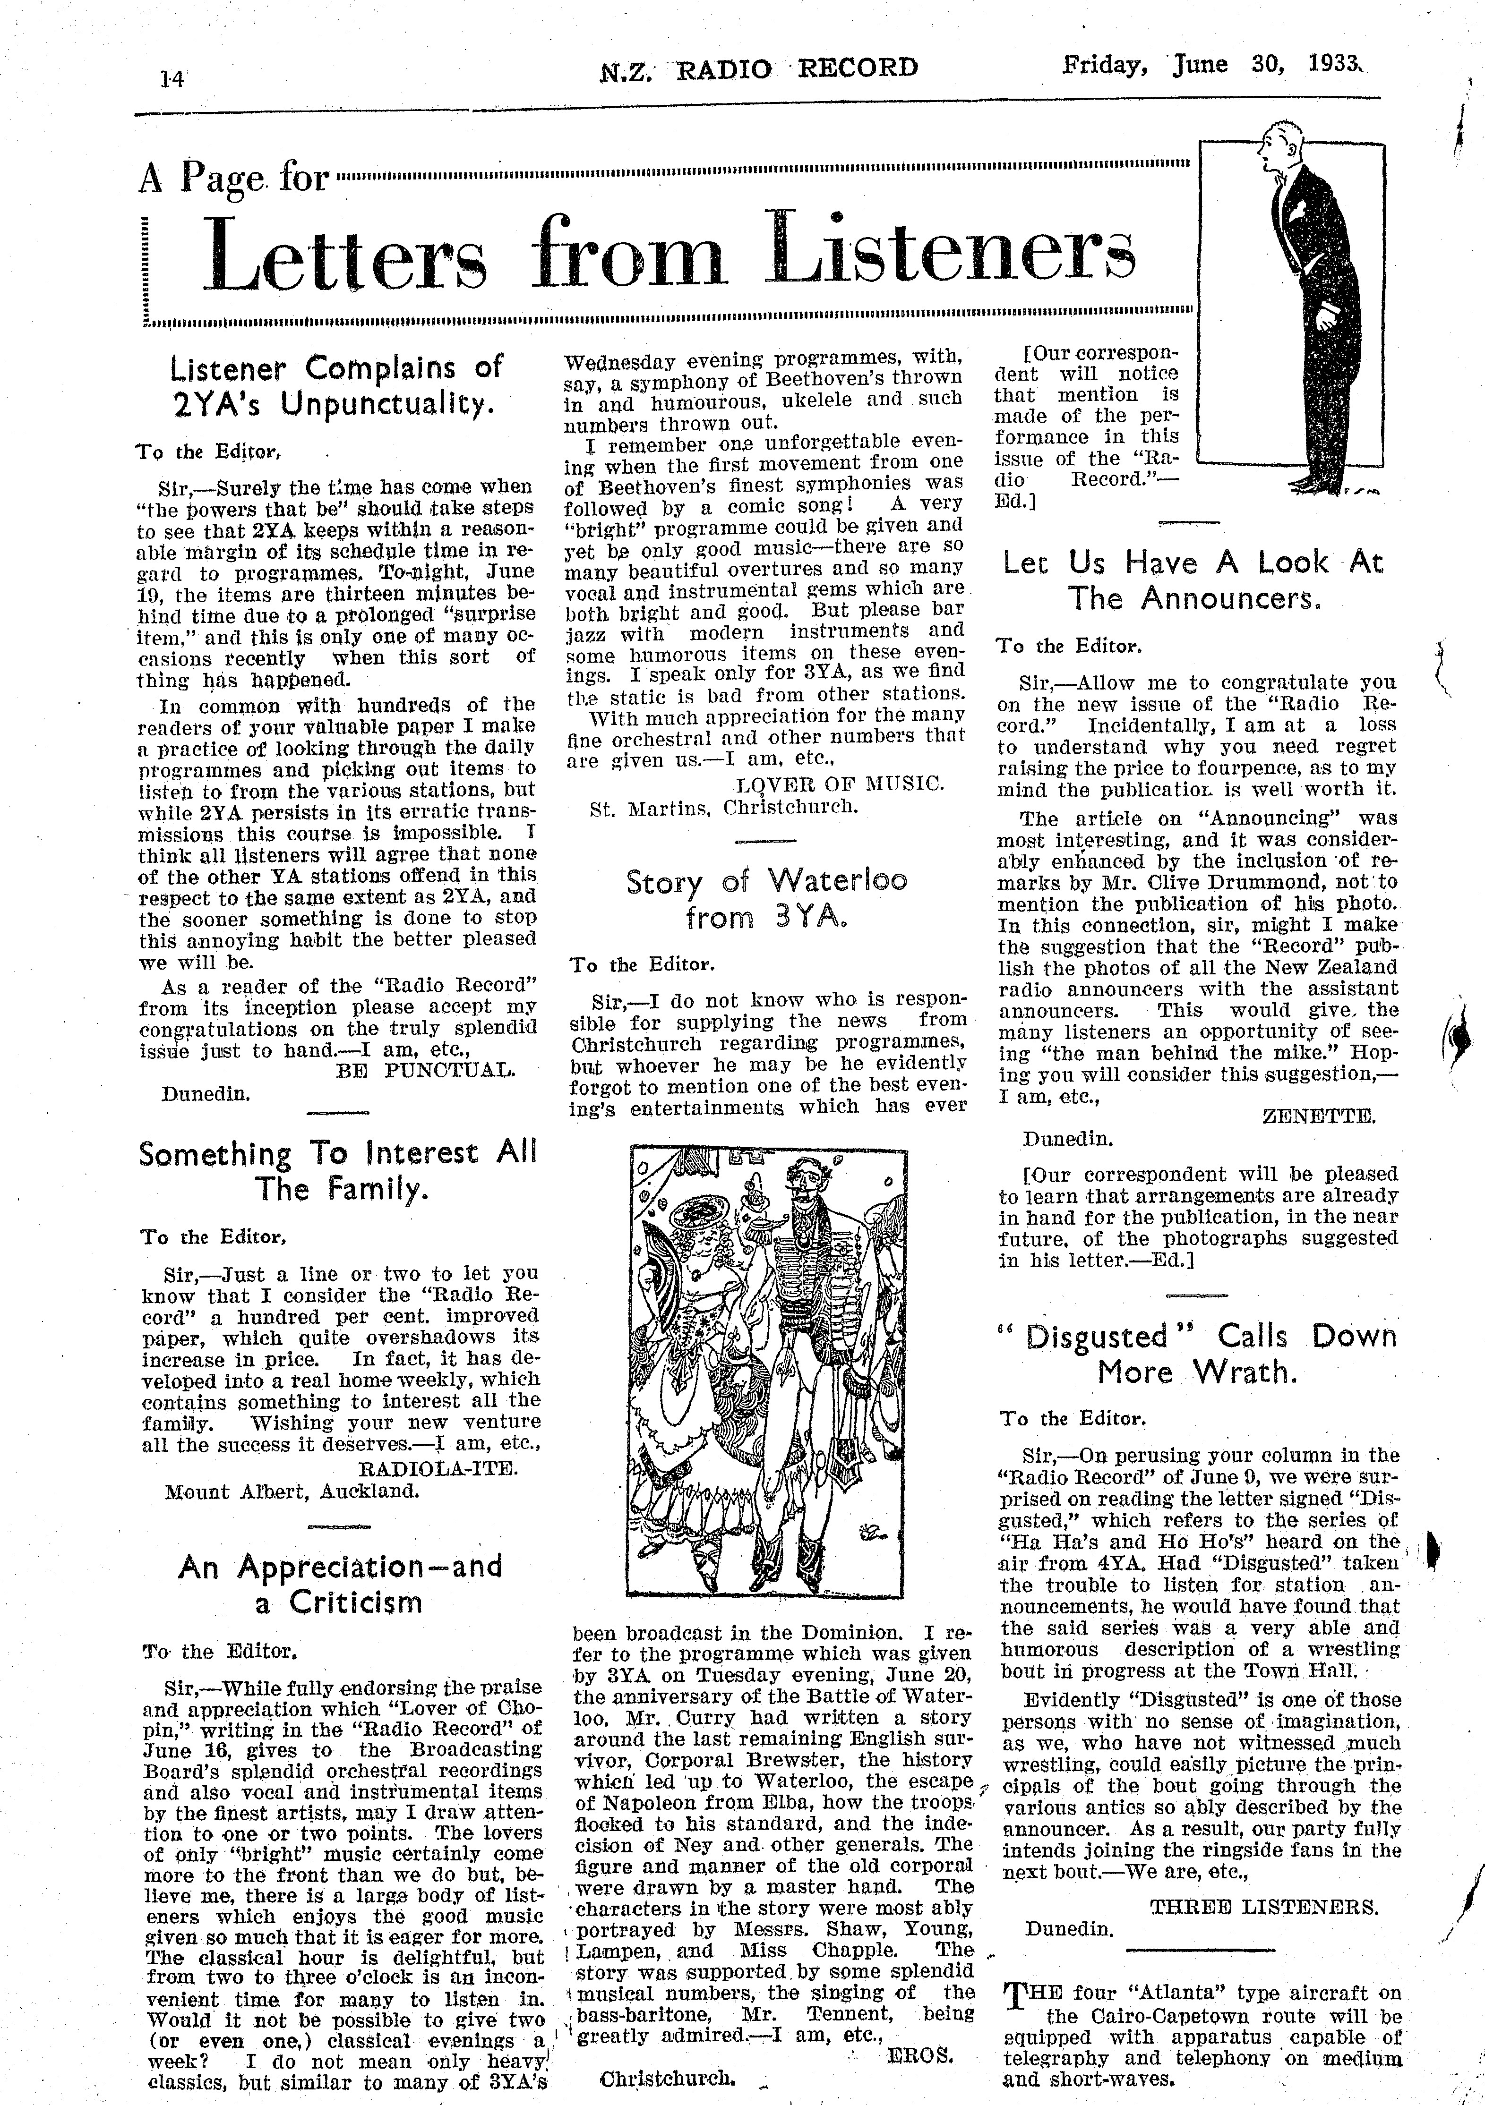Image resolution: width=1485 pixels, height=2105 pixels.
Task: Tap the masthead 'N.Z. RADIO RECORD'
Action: (758, 69)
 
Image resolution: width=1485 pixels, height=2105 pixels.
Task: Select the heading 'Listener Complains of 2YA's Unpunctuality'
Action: (336, 386)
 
